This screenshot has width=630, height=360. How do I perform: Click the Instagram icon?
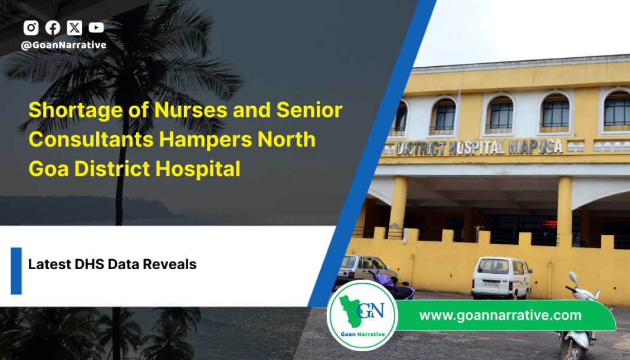31,28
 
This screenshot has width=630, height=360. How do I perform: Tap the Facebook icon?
52,28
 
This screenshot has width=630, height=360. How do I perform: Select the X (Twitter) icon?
74,28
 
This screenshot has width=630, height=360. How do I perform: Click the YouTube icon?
96,27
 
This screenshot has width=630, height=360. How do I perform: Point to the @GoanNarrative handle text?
64,45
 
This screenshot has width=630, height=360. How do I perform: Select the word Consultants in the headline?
91,139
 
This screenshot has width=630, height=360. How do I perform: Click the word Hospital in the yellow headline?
198,169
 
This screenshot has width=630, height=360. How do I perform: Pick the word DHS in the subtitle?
90,264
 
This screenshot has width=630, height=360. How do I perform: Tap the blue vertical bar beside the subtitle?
16,271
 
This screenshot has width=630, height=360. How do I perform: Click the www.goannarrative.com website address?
500,315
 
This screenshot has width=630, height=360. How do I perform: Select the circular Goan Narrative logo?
362,316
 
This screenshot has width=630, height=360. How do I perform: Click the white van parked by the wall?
501,278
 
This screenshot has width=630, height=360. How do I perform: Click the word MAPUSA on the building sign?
535,147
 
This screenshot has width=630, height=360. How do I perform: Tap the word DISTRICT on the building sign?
421,149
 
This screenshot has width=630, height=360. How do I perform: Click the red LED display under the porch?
550,224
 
